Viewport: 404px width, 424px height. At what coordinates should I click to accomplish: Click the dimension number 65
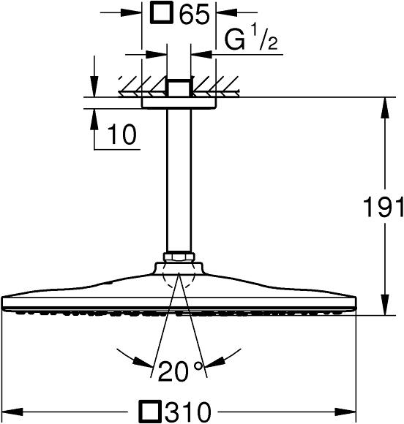[x=195, y=14]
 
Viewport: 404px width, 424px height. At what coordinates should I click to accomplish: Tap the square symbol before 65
[x=162, y=12]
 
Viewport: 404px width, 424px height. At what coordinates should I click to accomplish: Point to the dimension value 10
[x=121, y=134]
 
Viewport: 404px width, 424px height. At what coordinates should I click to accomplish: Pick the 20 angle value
[x=173, y=372]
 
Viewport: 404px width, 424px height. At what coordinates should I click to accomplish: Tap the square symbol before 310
[x=149, y=412]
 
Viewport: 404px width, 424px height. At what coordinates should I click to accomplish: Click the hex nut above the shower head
[x=179, y=257]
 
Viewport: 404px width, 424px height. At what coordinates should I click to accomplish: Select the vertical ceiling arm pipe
[x=179, y=181]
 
